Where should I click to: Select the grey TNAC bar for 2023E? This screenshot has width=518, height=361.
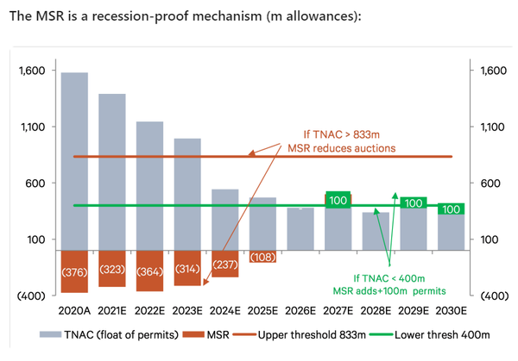click(x=187, y=194)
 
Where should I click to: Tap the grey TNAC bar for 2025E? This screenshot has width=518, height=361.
click(x=262, y=223)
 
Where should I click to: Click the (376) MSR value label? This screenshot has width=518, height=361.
click(x=74, y=273)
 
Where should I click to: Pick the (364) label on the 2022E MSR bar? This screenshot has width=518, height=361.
click(x=149, y=272)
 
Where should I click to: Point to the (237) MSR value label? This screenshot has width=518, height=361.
click(x=224, y=265)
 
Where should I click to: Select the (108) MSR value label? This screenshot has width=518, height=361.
click(x=262, y=257)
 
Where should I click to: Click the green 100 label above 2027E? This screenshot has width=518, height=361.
click(x=338, y=200)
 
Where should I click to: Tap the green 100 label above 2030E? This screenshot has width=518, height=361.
click(x=451, y=209)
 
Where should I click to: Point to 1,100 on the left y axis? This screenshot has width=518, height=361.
click(x=32, y=127)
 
